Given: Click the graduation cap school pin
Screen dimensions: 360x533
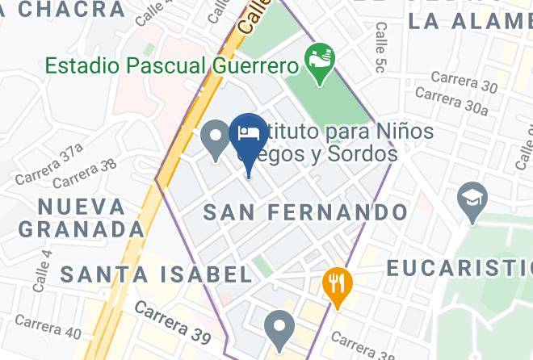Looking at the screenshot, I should (x=472, y=199).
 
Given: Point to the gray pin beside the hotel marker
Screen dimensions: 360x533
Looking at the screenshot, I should (x=216, y=138).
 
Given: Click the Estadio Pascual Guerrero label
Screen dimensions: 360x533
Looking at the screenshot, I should (x=170, y=64).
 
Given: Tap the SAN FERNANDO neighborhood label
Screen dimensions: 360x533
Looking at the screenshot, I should (x=305, y=213).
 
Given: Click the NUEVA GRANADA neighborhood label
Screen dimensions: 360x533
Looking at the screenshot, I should (x=81, y=217).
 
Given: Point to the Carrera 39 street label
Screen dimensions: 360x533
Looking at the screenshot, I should (x=172, y=319).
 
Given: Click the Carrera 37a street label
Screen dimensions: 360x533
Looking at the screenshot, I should (x=48, y=164).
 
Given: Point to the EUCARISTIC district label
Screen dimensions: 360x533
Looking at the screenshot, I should (x=459, y=268).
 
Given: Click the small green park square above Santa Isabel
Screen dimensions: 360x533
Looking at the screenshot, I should (x=261, y=266).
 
